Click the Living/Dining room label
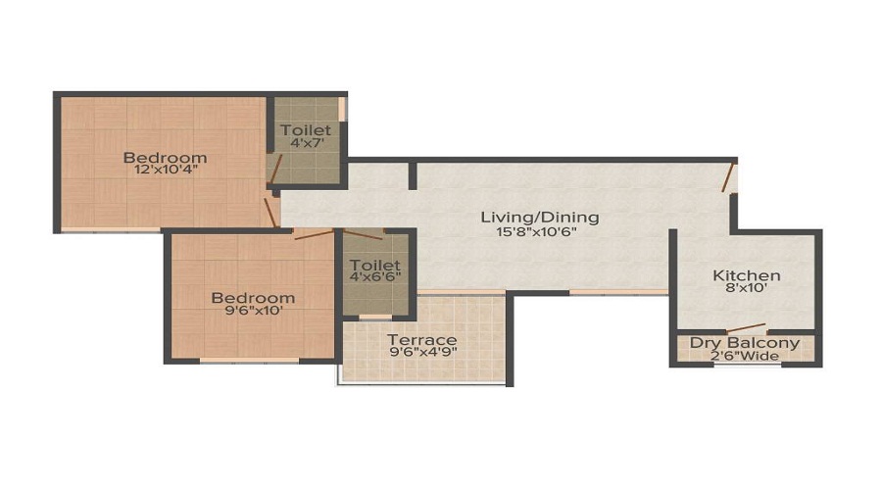pyautogui.click(x=539, y=217)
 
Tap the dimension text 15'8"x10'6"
pyautogui.click(x=539, y=232)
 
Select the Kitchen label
pyautogui.click(x=746, y=275)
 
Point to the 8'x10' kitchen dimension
pyautogui.click(x=746, y=290)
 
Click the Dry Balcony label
pyautogui.click(x=745, y=343)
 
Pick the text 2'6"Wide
pyautogui.click(x=745, y=356)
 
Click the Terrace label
pyautogui.click(x=421, y=339)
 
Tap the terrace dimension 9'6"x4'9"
pyautogui.click(x=421, y=353)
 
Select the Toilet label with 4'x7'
pyautogui.click(x=306, y=129)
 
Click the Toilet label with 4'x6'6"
pyautogui.click(x=375, y=266)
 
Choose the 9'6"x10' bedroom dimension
pyautogui.click(x=253, y=312)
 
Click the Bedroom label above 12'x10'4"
pyautogui.click(x=165, y=157)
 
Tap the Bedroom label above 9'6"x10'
pyautogui.click(x=253, y=298)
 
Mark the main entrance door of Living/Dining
pyautogui.click(x=728, y=177)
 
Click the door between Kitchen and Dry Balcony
pyautogui.click(x=747, y=327)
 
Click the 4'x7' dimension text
pyautogui.click(x=306, y=143)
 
